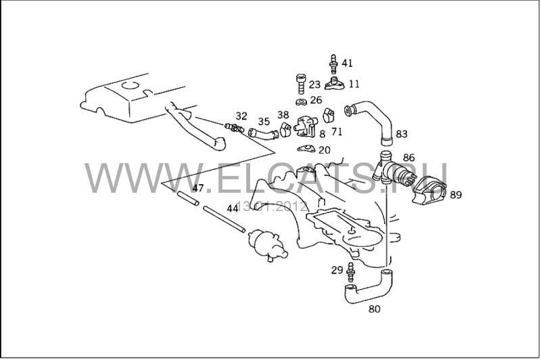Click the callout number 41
[347, 63]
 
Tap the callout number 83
[402, 134]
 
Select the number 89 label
[455, 195]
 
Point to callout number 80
[375, 309]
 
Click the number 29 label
[337, 270]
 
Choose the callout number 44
[233, 208]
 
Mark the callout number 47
[198, 188]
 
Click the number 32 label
[241, 116]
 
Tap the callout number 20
[325, 150]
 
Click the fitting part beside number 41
[333, 64]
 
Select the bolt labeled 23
[301, 84]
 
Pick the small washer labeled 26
[302, 102]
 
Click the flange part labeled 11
[334, 84]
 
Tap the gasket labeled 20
[306, 149]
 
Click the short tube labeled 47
[188, 199]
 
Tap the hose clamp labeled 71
[329, 115]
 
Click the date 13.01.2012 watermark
[273, 207]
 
